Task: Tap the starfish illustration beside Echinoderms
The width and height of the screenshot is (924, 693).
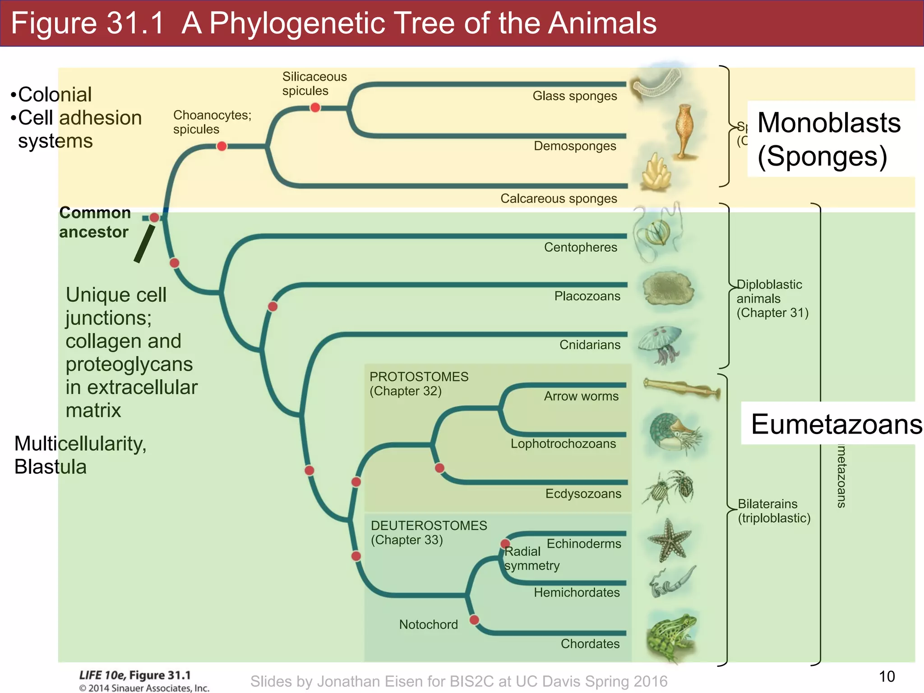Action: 670,540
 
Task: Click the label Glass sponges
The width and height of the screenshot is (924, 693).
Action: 574,96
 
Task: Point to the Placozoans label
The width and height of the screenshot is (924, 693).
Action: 587,296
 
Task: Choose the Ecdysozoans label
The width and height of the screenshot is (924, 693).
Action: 583,494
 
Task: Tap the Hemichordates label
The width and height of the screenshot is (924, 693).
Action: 577,592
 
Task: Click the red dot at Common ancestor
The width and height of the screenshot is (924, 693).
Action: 154,218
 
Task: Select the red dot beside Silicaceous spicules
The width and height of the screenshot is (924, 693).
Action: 315,107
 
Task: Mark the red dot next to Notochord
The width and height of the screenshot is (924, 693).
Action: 474,620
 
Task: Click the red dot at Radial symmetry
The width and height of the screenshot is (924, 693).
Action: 505,544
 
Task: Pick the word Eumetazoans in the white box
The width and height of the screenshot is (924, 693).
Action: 836,425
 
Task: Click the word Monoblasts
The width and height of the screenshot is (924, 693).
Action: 829,123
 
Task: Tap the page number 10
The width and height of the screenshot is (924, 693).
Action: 887,676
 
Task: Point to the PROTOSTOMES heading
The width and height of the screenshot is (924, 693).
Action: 419,377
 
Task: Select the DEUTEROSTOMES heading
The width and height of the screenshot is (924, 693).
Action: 429,526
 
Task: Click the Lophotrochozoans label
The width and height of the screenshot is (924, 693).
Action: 563,444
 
